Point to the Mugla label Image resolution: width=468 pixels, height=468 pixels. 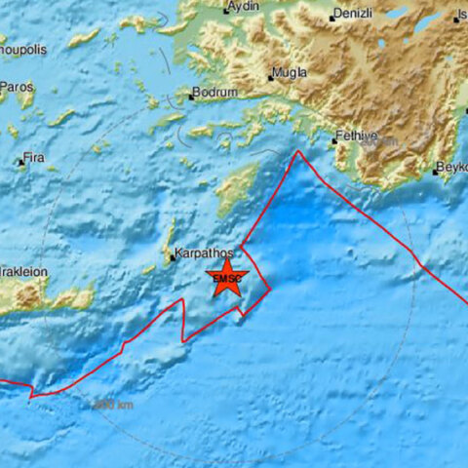coord(291,73)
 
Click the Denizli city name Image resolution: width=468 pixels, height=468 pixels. coord(353,15)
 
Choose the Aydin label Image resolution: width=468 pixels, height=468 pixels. coord(242,8)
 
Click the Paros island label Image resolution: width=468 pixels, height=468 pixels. coord(18,87)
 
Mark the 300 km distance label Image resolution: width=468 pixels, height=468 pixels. coord(112,404)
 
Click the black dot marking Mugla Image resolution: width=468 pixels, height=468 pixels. coord(271,77)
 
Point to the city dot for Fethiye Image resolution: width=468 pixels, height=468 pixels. coord(333,140)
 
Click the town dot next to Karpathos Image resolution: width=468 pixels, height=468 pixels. coord(173,258)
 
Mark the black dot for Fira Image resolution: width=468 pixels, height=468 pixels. coord(20,163)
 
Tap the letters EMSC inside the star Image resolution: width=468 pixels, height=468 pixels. coord(226,282)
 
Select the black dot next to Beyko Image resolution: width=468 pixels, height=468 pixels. coord(434,172)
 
